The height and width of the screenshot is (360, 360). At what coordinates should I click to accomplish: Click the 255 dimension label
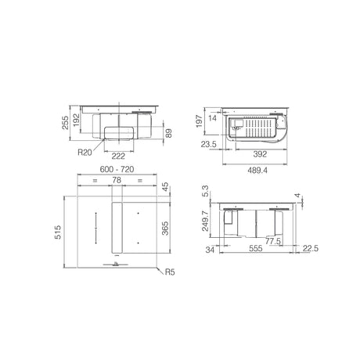(x=65, y=122)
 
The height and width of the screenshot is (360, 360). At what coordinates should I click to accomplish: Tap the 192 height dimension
(x=76, y=120)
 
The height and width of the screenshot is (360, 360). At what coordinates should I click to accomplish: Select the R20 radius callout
(x=85, y=152)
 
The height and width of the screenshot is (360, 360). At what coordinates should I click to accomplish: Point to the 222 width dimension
(x=118, y=156)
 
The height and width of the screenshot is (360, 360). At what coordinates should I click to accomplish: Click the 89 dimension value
(x=168, y=134)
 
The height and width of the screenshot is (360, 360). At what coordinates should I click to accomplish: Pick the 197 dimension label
(x=199, y=121)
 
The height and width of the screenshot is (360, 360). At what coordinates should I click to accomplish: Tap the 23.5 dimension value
(x=209, y=144)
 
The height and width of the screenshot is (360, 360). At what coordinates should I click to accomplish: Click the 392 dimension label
(x=260, y=154)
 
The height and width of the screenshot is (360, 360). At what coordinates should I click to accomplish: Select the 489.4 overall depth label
(x=257, y=171)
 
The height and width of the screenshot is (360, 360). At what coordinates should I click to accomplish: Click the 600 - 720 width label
(x=117, y=169)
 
